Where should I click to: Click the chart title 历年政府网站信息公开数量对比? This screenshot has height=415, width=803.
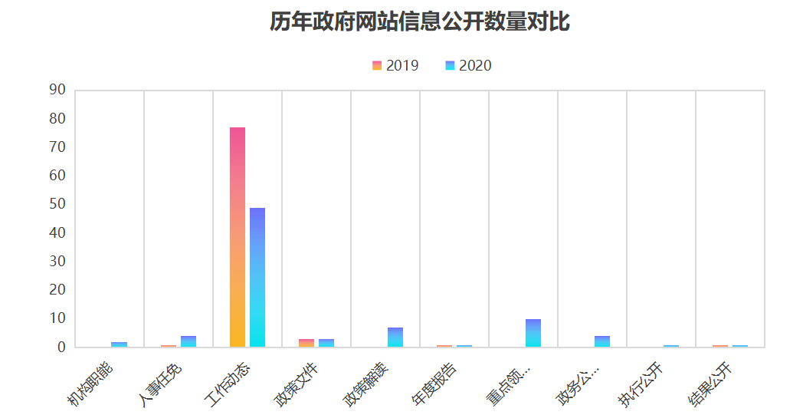click(x=419, y=21)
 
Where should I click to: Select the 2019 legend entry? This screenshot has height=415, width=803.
click(x=395, y=66)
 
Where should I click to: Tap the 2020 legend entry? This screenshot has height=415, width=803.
click(x=468, y=66)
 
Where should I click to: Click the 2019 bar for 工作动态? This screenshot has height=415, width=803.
click(x=238, y=237)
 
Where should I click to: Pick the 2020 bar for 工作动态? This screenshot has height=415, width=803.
click(x=257, y=277)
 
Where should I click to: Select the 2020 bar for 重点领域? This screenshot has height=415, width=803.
click(x=533, y=333)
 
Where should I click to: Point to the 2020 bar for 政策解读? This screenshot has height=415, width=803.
click(x=395, y=338)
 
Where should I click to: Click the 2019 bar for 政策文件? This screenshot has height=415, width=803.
click(x=306, y=343)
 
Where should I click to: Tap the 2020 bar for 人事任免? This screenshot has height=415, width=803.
click(x=188, y=341)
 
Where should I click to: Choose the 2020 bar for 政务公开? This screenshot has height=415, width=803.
click(x=602, y=341)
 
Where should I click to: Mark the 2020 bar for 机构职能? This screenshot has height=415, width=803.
click(x=120, y=344)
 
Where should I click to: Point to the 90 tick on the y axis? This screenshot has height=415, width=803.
click(x=57, y=90)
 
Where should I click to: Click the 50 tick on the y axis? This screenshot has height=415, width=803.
click(x=57, y=204)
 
